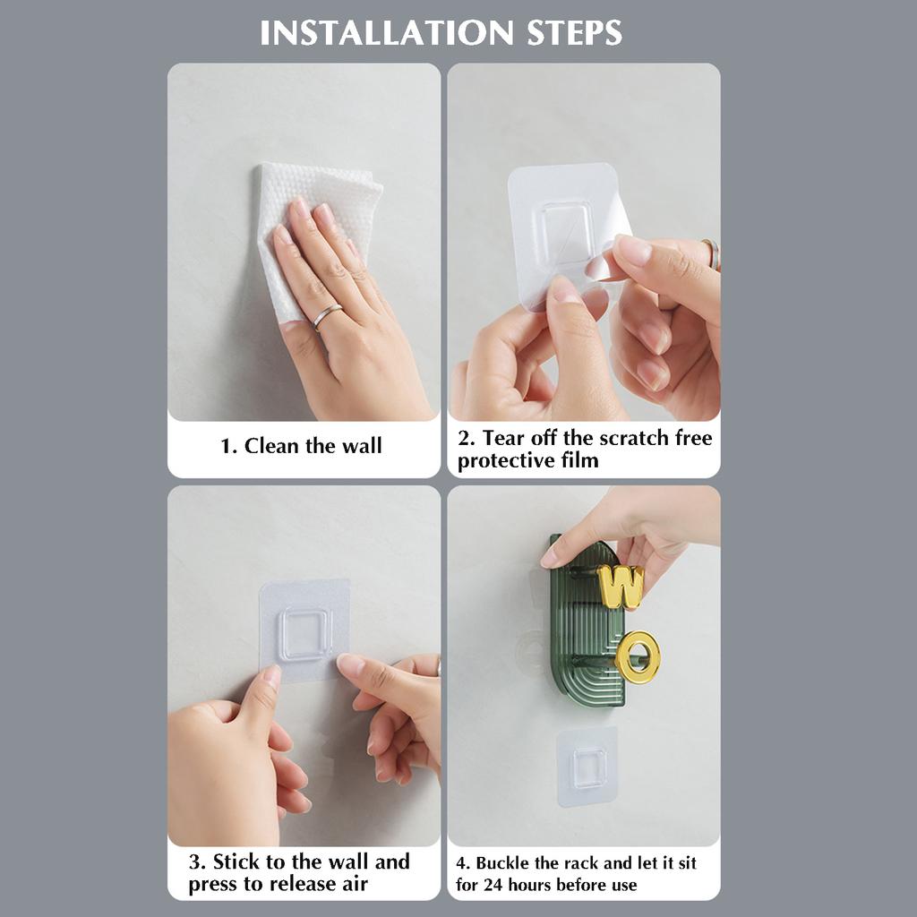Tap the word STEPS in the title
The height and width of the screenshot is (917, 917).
tap(574, 33)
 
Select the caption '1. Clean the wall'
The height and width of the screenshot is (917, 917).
tap(301, 446)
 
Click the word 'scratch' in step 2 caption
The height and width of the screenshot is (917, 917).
tap(635, 438)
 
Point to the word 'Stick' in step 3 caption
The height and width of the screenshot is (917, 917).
tap(236, 862)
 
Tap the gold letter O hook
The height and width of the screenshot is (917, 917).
tap(638, 656)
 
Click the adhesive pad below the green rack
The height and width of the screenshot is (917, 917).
tap(587, 767)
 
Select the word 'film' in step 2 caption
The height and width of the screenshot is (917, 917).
tap(579, 461)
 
